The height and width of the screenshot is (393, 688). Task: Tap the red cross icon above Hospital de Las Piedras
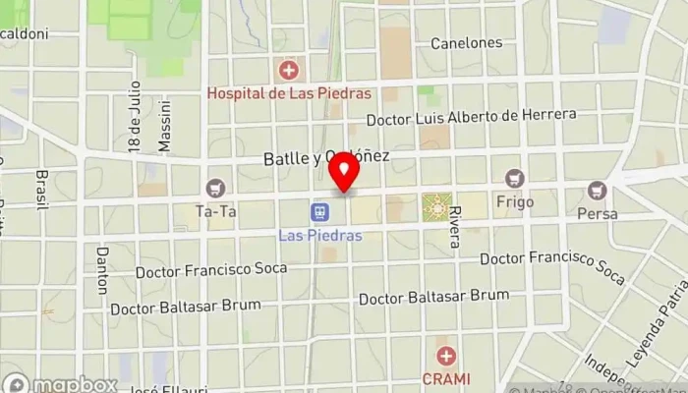[x=289, y=70]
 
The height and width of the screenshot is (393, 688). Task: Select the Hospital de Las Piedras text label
[x=289, y=93]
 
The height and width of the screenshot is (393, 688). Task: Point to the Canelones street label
[x=467, y=43]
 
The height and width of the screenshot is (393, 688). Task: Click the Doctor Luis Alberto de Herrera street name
[x=471, y=118]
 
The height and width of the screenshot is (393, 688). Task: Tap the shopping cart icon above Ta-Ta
[x=214, y=188]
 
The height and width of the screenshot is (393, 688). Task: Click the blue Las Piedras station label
[x=320, y=236]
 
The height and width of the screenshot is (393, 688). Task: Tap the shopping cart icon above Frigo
[x=514, y=178]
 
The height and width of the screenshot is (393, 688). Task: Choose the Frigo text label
[x=515, y=202]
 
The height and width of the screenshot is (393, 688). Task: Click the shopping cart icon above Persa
[x=597, y=190]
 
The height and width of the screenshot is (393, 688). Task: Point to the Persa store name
[x=597, y=213]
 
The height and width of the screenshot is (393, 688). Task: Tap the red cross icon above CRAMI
[x=446, y=356]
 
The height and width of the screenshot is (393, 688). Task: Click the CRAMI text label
[x=446, y=378]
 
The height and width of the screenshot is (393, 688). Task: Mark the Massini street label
[x=165, y=125]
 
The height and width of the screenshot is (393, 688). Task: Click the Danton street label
[x=101, y=270]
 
